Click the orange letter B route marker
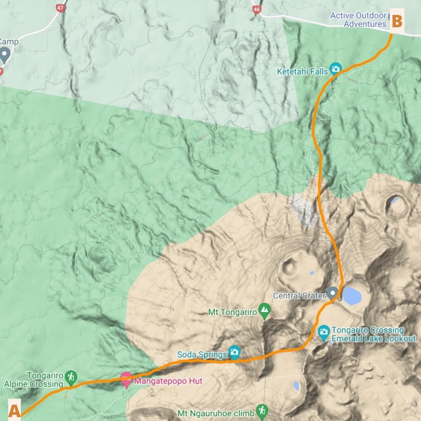396,21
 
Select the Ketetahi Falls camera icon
335,69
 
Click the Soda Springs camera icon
234,352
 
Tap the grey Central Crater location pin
332,293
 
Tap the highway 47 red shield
60,8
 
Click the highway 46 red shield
256,9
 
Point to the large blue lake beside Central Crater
352,296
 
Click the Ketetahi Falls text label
302,72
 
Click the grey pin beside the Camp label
4,55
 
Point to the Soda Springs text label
202,355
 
